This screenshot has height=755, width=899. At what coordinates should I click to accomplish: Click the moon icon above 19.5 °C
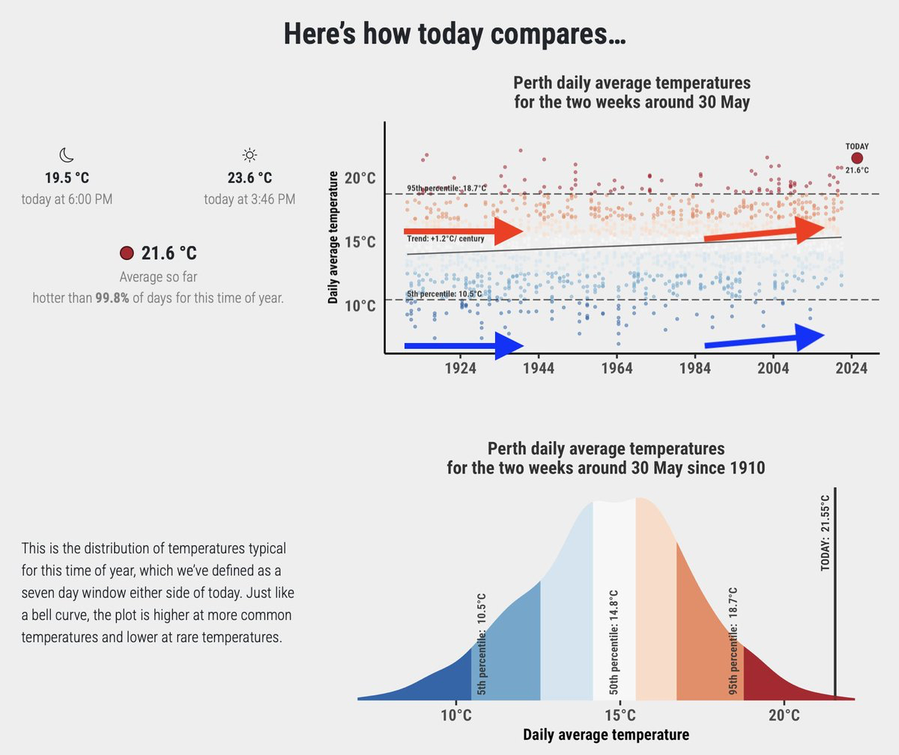click(67, 155)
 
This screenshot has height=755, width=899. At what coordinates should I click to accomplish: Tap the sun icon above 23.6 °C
click(249, 155)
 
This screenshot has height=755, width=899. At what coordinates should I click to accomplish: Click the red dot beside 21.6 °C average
click(127, 253)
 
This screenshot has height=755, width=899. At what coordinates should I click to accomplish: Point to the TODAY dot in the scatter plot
click(857, 158)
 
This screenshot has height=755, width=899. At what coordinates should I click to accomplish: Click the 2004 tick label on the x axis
click(773, 369)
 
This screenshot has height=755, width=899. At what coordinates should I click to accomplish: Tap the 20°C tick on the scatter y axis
click(360, 178)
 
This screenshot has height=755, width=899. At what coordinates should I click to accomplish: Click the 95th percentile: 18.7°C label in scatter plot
click(447, 188)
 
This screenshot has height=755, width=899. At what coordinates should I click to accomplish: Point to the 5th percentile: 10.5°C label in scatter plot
click(444, 294)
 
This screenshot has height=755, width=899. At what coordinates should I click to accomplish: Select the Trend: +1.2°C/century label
click(446, 239)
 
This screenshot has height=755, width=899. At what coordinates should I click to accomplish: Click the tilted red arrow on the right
click(764, 231)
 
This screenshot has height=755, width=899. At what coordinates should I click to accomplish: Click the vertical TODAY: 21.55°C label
click(826, 533)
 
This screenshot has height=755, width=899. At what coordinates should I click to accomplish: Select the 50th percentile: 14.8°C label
click(613, 645)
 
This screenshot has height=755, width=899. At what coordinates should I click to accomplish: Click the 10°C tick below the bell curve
click(455, 715)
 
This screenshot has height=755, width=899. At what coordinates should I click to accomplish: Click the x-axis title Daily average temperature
click(605, 735)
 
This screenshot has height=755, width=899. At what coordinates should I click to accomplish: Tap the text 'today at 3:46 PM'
click(249, 200)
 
